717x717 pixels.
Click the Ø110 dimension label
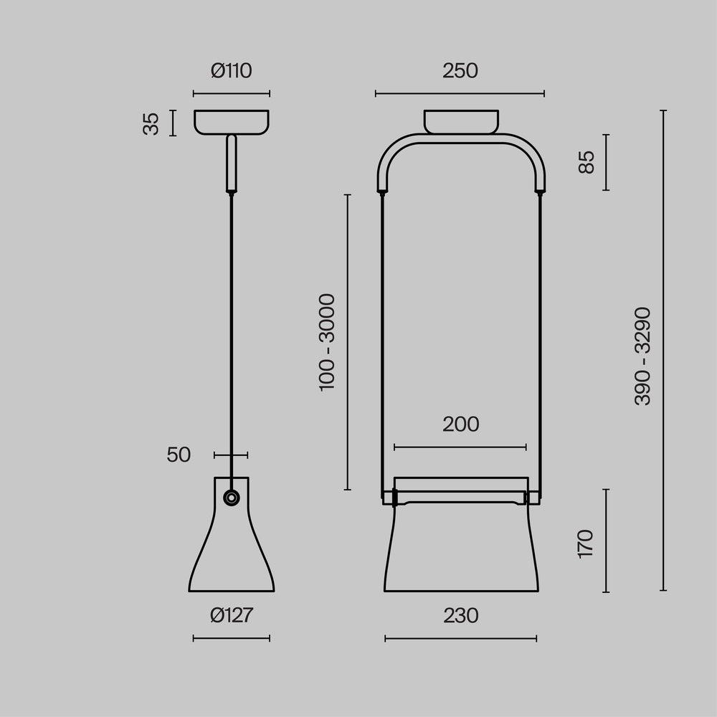232,71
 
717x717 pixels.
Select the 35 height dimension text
151,123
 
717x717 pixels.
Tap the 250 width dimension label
460,71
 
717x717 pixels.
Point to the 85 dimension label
587,162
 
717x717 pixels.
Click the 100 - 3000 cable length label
327,342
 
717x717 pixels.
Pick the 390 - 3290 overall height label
643,356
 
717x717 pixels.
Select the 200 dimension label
460,424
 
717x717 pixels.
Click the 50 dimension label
179,455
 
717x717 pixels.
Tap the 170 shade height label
586,543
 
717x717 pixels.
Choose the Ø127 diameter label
232,615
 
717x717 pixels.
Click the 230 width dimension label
460,615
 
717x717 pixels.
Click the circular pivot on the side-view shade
231,498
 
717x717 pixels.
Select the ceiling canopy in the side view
232,121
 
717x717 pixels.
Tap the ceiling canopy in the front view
460,120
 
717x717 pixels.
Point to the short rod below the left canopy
231,164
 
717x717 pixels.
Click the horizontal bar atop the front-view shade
460,496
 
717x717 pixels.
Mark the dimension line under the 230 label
460,638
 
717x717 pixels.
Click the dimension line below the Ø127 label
232,638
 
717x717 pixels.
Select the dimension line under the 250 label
460,93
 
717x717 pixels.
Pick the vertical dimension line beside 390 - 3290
663,351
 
